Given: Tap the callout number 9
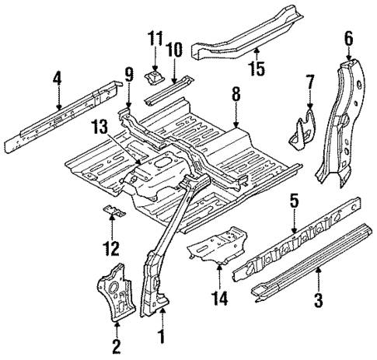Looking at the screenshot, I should click(129, 75).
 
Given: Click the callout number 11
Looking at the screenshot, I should click(154, 37).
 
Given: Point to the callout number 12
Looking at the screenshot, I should click(113, 248).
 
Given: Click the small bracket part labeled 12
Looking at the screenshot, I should click(113, 211).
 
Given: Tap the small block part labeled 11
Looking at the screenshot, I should click(154, 76).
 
